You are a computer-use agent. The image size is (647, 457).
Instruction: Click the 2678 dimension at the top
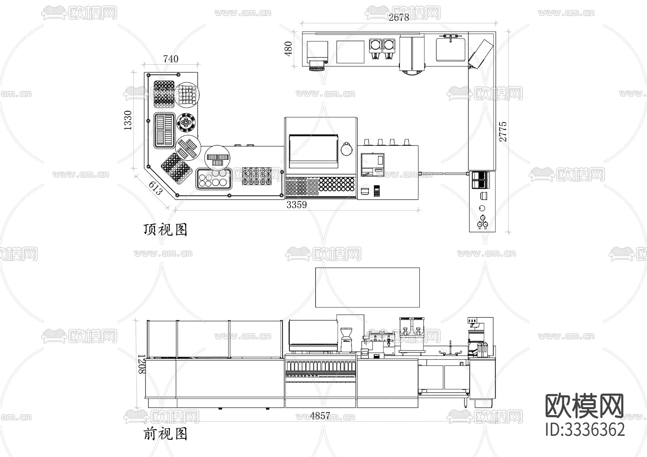[399, 17]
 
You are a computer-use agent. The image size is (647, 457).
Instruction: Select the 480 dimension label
[289, 49]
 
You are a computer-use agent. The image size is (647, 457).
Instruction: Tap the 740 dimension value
[171, 59]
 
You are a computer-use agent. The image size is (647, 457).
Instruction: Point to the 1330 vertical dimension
[128, 120]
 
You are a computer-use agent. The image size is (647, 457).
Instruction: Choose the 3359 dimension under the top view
[297, 205]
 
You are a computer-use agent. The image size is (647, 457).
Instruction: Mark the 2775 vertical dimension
[503, 131]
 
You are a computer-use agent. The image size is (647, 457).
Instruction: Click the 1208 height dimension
[141, 364]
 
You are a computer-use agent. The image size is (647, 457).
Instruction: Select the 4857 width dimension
[320, 416]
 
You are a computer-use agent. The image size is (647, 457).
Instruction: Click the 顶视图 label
[165, 229]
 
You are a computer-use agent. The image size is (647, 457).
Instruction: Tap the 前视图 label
[165, 434]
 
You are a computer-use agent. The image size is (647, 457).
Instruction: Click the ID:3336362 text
[585, 430]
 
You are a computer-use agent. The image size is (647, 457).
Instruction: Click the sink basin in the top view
[451, 50]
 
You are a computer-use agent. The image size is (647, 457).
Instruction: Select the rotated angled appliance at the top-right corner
[481, 53]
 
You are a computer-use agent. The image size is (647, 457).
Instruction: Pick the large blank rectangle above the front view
[367, 287]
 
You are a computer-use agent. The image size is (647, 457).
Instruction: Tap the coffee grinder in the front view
[346, 340]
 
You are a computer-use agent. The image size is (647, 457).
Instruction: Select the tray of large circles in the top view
[214, 179]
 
